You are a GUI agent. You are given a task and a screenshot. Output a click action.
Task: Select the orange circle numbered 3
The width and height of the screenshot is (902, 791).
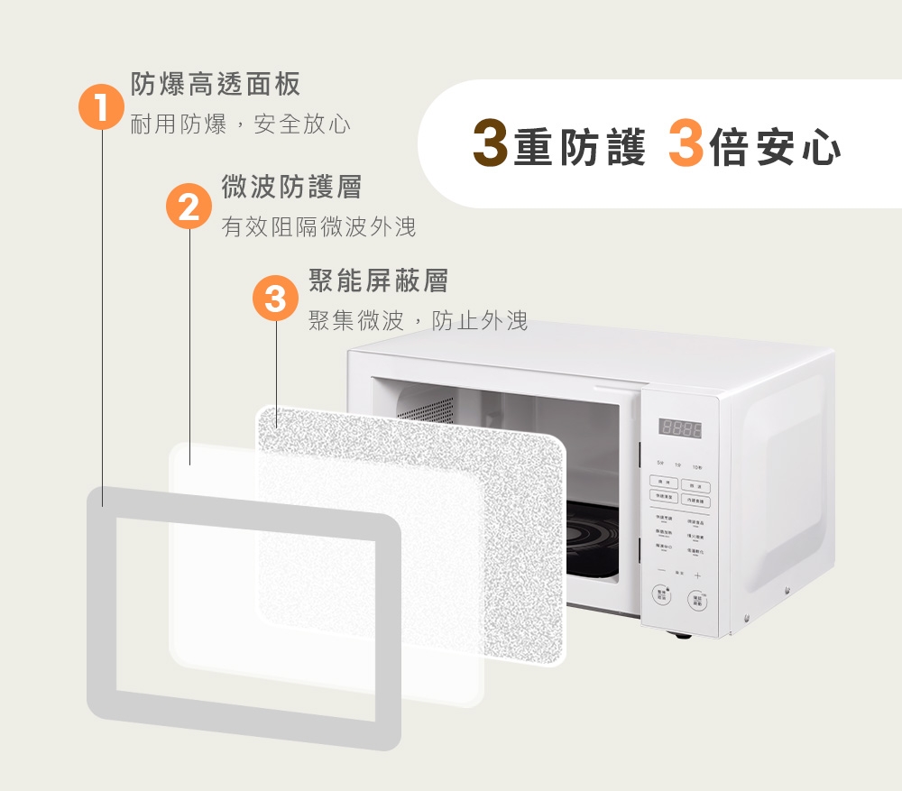[x=275, y=299]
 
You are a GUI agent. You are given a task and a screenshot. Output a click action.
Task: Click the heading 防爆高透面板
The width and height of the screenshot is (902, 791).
[x=216, y=85]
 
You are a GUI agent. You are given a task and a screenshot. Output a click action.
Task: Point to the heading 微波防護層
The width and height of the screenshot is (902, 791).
[x=291, y=188]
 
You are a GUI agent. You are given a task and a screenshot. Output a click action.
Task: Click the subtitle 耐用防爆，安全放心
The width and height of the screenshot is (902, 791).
[x=241, y=124]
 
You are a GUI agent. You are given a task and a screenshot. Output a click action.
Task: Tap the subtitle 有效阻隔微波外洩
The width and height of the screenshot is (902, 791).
[x=319, y=227]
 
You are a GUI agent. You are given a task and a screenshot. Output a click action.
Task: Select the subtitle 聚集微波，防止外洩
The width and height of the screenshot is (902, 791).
[x=418, y=320]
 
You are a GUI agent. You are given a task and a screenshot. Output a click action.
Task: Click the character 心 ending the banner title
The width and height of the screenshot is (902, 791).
[x=821, y=148]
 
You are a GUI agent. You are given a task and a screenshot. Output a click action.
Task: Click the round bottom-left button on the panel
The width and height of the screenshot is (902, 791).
[x=662, y=595]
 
